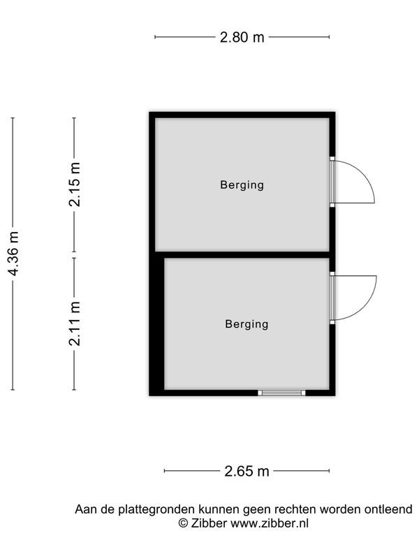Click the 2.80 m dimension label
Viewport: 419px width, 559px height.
242,38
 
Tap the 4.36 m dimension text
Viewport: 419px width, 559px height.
13,254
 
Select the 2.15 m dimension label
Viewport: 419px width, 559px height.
75,184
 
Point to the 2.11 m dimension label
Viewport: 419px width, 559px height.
75,323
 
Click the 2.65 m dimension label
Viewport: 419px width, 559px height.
247,471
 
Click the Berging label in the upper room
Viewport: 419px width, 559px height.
242,185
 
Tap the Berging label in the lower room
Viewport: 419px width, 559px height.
247,324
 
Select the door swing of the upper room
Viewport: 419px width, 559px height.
356,182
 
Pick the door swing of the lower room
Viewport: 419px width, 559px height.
356,298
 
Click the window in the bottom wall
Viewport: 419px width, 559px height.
281,393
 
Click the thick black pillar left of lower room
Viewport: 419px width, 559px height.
157,325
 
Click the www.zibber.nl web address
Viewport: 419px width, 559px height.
270,523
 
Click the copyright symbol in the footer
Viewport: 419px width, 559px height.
183,523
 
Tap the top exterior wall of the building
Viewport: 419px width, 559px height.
242,115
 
